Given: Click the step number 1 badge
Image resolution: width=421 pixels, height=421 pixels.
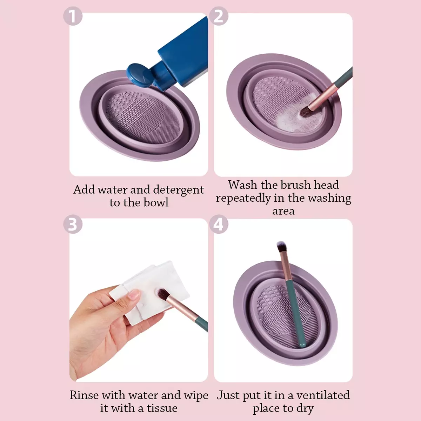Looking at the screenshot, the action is [x=73, y=16].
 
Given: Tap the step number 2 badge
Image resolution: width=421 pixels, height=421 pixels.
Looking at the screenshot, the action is [x=219, y=16].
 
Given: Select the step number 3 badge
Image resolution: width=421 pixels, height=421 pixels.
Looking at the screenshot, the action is [x=73, y=224].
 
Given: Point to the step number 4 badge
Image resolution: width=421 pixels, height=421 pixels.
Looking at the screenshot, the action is [x=219, y=224].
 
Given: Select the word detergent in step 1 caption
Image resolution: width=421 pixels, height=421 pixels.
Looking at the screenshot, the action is [x=179, y=190].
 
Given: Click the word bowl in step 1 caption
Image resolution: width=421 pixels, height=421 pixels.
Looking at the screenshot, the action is [x=156, y=202].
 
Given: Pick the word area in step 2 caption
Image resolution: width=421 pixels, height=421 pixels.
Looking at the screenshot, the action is [x=283, y=211].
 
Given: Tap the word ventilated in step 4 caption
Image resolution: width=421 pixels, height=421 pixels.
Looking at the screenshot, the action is [x=323, y=395].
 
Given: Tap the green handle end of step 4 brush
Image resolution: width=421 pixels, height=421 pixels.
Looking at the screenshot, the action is [x=302, y=346].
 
